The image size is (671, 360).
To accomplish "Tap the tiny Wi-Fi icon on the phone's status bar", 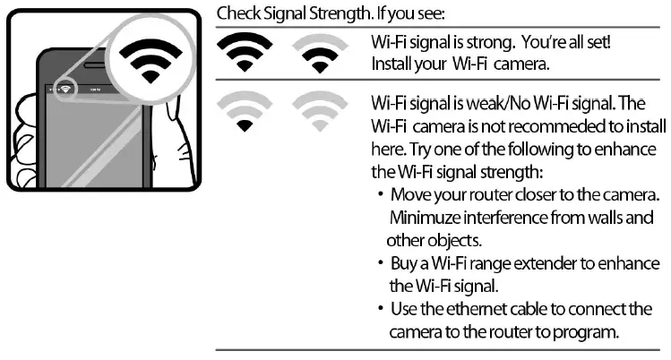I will tap(65, 90).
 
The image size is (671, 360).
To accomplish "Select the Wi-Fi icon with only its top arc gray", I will tap(319, 54).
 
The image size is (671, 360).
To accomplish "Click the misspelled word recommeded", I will tap(535, 124).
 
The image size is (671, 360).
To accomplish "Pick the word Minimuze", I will tap(422, 217).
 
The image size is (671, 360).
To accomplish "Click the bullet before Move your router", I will tap(381, 195).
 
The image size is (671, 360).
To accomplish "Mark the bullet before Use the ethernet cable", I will tap(381, 310).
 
